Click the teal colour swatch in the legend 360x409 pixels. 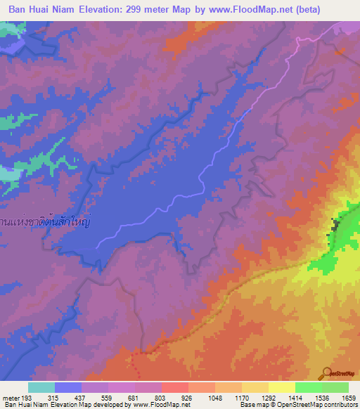[x=41, y=387]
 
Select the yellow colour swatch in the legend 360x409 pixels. [x=281, y=387]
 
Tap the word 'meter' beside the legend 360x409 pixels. [x=11, y=397]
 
